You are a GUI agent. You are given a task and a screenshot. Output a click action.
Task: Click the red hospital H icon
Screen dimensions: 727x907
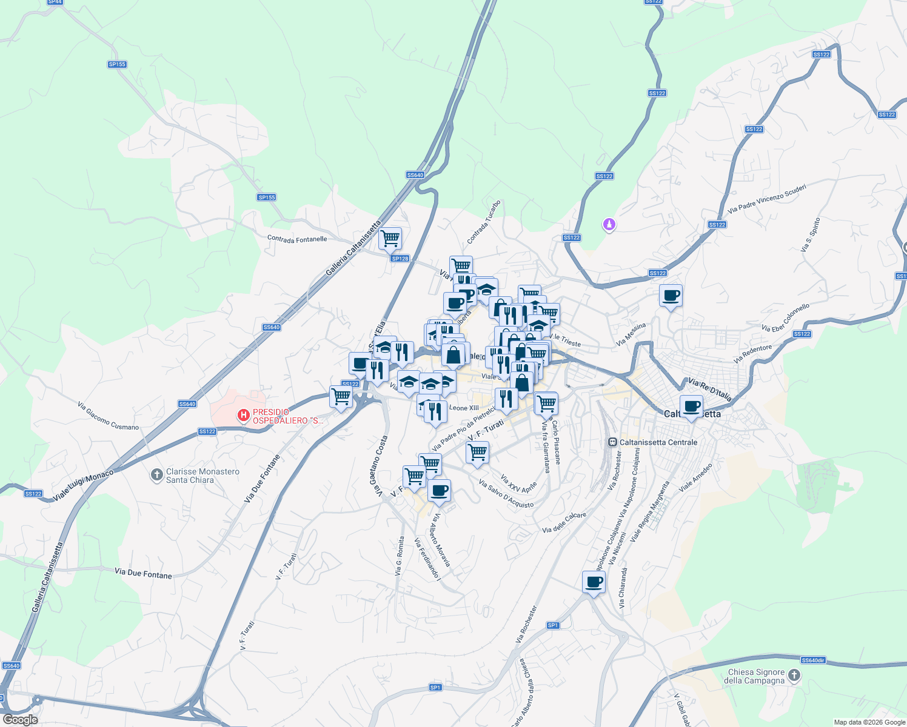coord(243,416)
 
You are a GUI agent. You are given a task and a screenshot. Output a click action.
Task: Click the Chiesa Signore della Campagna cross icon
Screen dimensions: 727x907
coord(794,676)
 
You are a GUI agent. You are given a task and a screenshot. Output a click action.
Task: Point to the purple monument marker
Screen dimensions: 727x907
coord(609,225)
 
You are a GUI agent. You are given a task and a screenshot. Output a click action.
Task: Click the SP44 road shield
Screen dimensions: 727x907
coord(55,2)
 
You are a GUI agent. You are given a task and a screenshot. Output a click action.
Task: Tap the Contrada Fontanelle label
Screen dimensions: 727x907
coord(297,239)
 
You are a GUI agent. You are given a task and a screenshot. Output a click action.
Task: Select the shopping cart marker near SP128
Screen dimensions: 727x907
coord(390,238)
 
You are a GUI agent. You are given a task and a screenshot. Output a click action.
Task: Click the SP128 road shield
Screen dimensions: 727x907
coord(400,259)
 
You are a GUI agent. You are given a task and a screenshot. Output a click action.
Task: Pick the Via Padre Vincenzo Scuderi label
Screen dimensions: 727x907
coord(767,199)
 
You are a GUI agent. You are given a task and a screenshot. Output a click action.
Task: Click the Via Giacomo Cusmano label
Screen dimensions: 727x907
coord(108,416)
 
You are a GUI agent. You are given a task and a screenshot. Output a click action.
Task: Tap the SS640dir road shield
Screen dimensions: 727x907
coord(813,660)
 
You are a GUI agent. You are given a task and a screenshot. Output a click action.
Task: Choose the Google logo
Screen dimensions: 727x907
coord(20,720)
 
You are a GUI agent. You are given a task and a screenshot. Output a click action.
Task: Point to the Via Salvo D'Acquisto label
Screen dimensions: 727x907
coord(506,494)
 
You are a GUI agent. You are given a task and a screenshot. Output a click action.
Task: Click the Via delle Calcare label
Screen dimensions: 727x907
coord(564,522)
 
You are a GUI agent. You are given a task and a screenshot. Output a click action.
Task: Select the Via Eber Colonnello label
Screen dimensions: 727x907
coord(785,318)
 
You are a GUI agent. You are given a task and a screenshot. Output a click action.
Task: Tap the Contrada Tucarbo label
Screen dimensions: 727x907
coord(484,222)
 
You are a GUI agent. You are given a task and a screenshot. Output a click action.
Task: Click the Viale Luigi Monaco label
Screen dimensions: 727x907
coord(83,485)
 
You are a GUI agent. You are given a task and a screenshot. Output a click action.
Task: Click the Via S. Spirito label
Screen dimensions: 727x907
coord(810,235)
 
